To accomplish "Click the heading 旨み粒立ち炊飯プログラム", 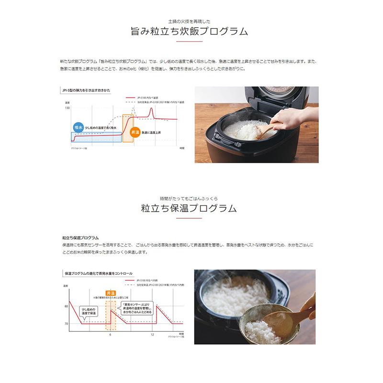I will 190,32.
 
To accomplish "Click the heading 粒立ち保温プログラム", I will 190,208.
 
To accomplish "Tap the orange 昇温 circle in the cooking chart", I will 135,132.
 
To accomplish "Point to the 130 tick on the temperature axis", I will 67,108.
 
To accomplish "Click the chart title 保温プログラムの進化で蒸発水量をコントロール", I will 98,273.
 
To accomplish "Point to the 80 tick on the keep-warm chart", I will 66,305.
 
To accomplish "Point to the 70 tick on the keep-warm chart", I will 66,324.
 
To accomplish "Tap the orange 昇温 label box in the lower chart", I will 110,292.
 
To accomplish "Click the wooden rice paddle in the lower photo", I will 282,318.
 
